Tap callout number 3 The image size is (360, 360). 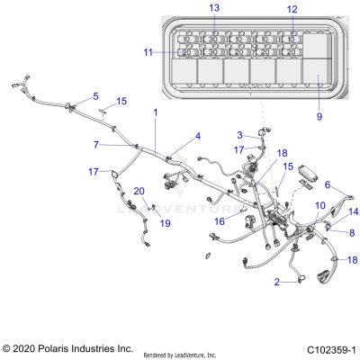point(239,135)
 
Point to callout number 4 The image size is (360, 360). point(196,137)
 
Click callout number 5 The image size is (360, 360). point(96,95)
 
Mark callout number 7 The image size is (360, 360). point(96,143)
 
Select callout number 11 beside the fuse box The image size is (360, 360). point(148,52)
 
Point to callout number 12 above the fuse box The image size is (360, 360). point(291,9)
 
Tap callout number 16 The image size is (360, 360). point(219,220)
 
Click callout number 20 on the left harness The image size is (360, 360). point(139,191)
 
